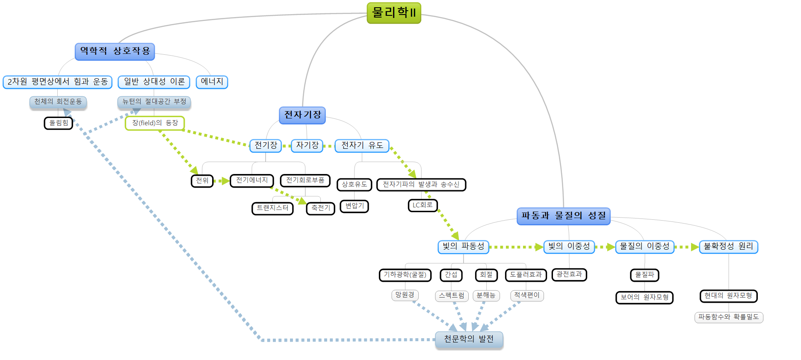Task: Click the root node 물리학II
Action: pos(394,13)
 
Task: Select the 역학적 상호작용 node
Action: pos(115,51)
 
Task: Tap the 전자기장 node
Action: pos(302,115)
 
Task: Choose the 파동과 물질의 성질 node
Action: pos(563,216)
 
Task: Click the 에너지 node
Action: pos(212,82)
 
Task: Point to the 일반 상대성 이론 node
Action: pos(154,82)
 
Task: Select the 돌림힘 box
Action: pos(59,123)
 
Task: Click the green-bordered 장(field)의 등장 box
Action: pos(155,123)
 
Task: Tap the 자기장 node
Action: pos(307,145)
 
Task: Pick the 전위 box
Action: pos(202,180)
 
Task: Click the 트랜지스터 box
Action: pos(272,208)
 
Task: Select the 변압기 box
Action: pos(355,206)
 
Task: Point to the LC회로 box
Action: pos(423,206)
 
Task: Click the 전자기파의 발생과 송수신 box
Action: pos(421,185)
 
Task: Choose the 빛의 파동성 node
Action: pos(463,247)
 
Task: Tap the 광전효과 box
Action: pos(569,274)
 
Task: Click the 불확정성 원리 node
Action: pos(728,247)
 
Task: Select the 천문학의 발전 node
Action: pos(469,339)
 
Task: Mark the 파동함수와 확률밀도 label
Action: pos(728,317)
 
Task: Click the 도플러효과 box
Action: pos(526,275)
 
